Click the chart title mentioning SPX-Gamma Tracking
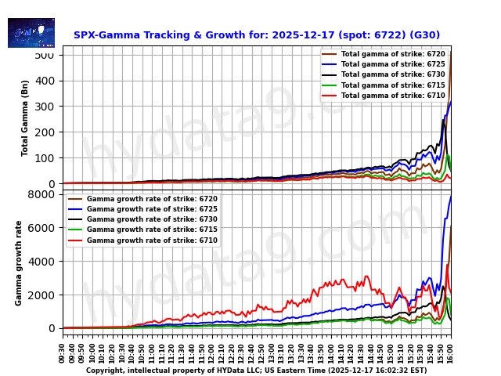tap(257, 35)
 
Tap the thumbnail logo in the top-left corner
tap(31, 33)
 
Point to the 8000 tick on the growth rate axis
tap(41, 194)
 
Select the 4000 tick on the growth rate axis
tap(41, 262)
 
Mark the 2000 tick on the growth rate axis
tap(41, 295)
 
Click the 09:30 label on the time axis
tap(63, 352)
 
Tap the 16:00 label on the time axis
tap(450, 352)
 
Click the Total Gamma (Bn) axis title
tap(25, 117)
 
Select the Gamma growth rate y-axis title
tap(19, 262)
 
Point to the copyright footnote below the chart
tap(257, 371)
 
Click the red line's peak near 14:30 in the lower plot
tap(366, 276)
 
